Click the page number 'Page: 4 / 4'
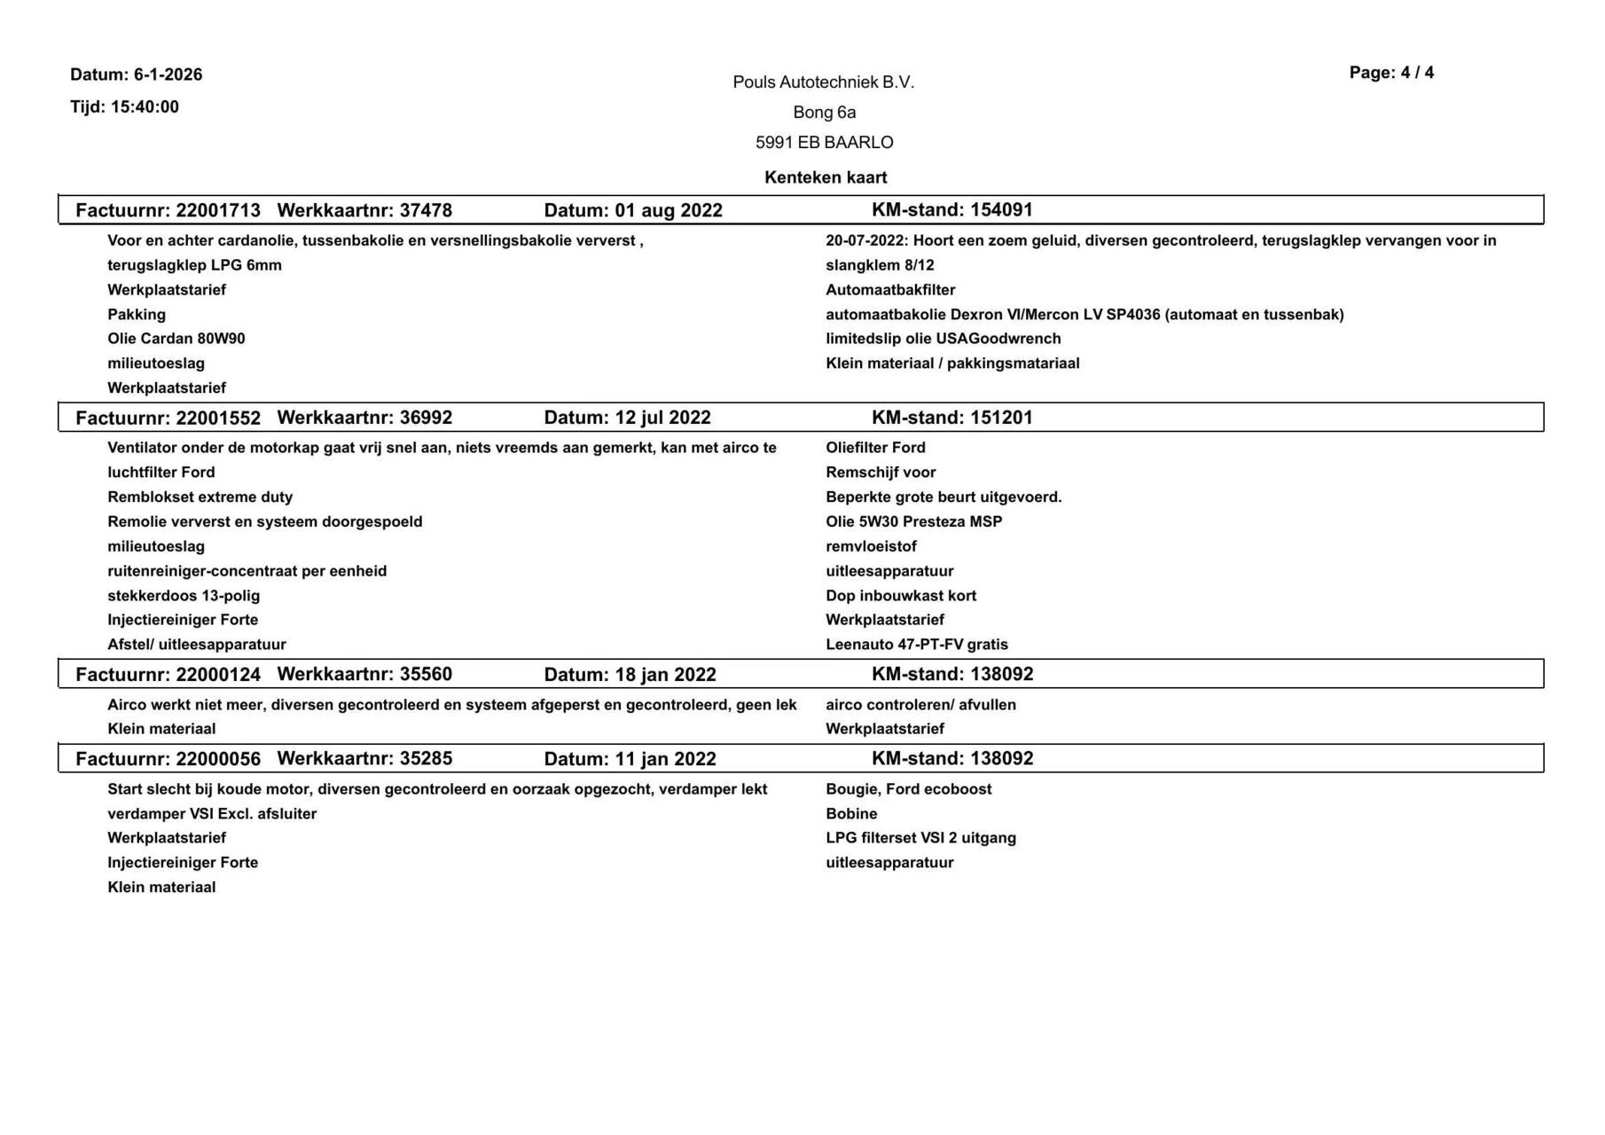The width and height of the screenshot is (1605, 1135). (1390, 73)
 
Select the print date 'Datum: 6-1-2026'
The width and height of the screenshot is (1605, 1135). (137, 74)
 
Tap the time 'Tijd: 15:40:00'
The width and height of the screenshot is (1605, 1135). (125, 107)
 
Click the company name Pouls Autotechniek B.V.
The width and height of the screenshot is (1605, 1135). (823, 82)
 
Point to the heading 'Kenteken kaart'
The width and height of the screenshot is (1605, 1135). (825, 177)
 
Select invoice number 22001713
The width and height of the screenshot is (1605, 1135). (218, 211)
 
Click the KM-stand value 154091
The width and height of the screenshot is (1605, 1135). (1001, 210)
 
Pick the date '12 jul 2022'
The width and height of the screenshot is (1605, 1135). (662, 418)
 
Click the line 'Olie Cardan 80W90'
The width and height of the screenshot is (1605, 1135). (176, 339)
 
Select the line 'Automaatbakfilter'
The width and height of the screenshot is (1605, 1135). (890, 290)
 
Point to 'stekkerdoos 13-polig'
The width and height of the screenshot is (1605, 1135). (184, 596)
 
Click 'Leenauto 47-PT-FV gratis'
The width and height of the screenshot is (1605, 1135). (916, 645)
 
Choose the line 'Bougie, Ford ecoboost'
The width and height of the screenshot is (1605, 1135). (908, 789)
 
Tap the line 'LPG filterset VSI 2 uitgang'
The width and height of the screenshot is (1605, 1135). (920, 838)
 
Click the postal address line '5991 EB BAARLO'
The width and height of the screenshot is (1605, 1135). (824, 143)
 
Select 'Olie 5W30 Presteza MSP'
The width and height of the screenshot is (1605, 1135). (913, 522)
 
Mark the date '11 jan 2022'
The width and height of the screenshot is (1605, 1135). (665, 759)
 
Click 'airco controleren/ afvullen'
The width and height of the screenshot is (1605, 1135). (920, 705)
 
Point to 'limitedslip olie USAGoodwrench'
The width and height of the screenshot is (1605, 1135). (943, 339)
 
